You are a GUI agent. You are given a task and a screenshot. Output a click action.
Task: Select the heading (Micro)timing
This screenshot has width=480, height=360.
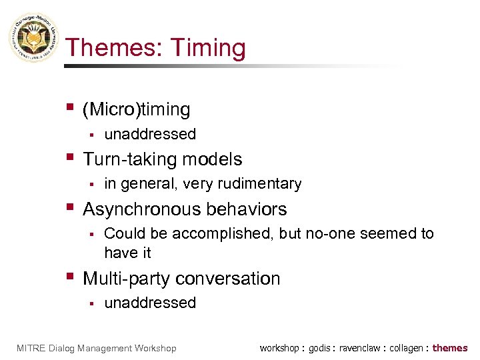137,109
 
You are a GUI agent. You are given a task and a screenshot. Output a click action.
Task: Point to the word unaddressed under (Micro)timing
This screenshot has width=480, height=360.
150,134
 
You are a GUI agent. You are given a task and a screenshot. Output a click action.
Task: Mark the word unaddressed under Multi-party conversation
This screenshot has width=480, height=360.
150,303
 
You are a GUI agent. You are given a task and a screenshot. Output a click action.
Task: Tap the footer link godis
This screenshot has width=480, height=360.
318,348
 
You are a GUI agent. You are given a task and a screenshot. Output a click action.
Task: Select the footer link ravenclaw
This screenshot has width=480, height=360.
360,348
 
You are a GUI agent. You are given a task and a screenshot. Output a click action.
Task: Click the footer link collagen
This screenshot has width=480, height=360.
406,348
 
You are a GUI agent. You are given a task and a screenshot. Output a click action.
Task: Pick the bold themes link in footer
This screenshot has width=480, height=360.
450,348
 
